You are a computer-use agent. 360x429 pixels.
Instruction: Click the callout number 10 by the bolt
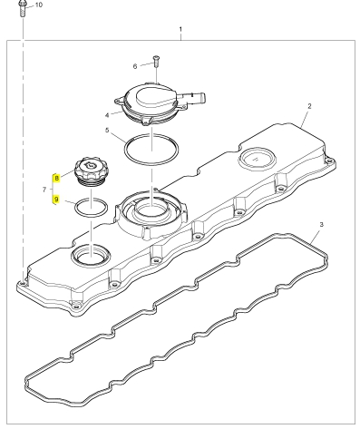tap(39, 5)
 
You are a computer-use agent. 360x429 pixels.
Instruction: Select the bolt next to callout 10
tap(23, 8)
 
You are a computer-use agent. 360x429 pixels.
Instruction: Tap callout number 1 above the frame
tap(180, 29)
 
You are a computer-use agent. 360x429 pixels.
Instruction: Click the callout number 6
tap(135, 66)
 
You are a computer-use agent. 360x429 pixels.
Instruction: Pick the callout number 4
tap(107, 115)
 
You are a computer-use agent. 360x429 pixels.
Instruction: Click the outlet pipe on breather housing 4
tap(198, 98)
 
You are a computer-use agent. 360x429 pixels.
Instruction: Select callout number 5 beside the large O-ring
tap(107, 131)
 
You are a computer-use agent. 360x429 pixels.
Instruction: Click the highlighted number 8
tap(56, 179)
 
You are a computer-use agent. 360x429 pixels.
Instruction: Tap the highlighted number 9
tap(56, 200)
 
